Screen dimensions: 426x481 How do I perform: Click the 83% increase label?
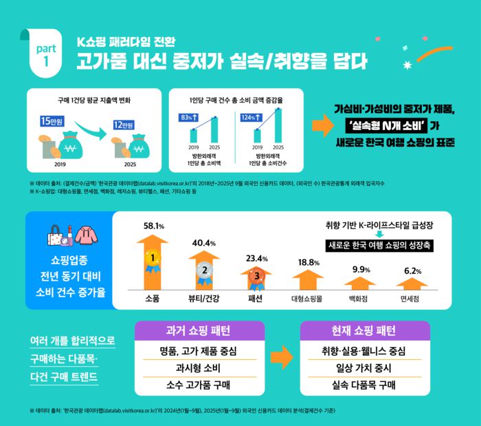click(189, 118)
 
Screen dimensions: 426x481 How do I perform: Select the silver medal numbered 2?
click(203, 270)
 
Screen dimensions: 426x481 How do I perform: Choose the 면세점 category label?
click(413, 299)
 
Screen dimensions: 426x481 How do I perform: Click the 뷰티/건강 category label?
click(203, 299)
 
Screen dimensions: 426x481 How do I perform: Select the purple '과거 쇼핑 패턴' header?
click(197, 331)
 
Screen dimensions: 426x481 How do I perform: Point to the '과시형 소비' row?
click(197, 368)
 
